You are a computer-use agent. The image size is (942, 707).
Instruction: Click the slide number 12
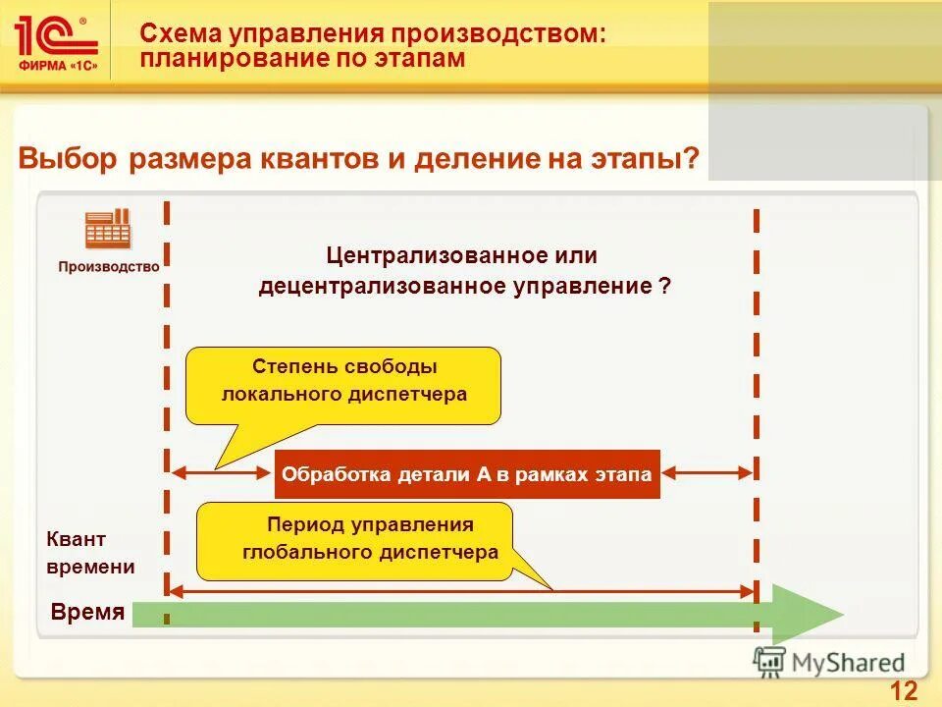pyautogui.click(x=904, y=690)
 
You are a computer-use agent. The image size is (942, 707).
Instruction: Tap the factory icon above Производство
pyautogui.click(x=108, y=229)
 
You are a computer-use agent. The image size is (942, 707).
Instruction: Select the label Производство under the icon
pyautogui.click(x=108, y=266)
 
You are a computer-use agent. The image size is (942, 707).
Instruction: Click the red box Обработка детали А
pyautogui.click(x=467, y=474)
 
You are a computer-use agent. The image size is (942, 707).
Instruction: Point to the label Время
pyautogui.click(x=87, y=613)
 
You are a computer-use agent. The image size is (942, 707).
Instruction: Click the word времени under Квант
pyautogui.click(x=90, y=568)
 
